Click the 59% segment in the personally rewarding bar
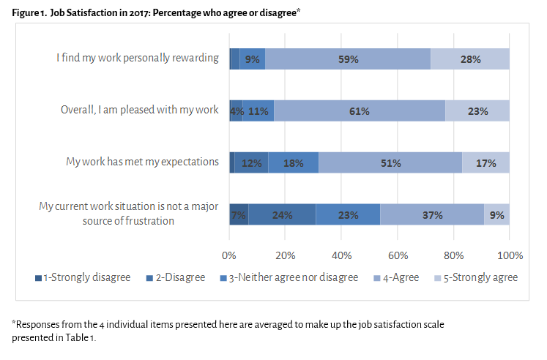pos(348,59)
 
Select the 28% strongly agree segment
pos(469,59)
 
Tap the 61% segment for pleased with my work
pos(360,111)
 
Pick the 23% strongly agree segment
pos(477,111)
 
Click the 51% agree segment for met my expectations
pos(390,163)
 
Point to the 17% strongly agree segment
pos(486,163)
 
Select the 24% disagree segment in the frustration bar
pos(282,215)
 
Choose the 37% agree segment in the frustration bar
pos(432,215)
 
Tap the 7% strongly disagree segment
pos(239,215)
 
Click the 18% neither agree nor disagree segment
pos(293,163)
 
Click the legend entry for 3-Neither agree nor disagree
pos(291,277)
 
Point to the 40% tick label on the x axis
pos(342,255)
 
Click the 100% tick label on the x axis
pos(510,255)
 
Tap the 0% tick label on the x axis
pos(229,255)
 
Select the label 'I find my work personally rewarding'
pos(138,58)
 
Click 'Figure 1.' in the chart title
pos(29,13)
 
